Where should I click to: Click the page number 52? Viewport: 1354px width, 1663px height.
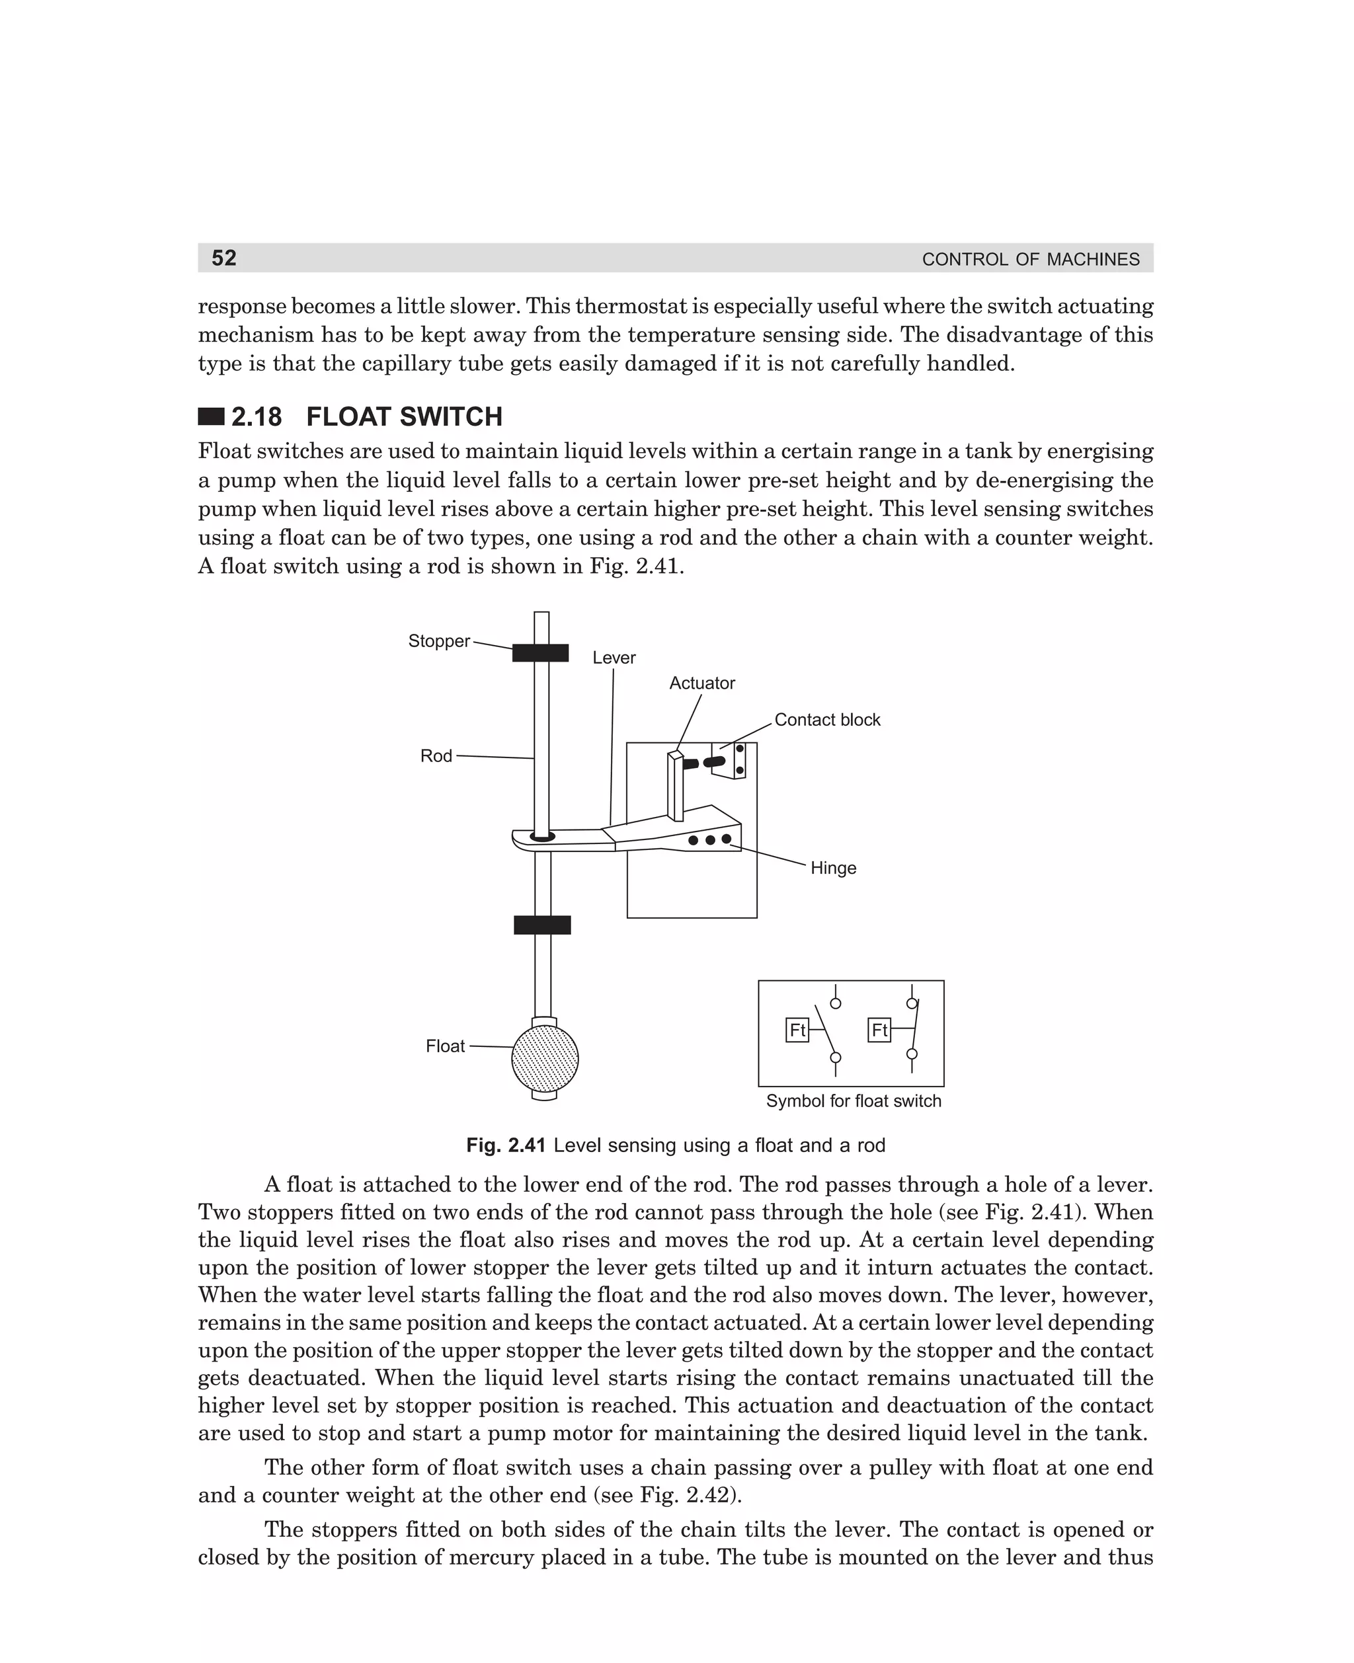224,258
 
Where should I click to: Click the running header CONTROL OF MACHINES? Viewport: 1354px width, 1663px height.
1030,260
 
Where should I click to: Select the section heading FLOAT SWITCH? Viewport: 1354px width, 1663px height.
404,417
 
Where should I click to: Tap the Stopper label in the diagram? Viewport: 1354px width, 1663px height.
439,641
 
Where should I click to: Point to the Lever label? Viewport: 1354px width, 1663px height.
614,657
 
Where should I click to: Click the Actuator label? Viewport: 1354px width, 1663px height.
702,683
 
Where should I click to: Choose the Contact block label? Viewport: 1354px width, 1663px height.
827,720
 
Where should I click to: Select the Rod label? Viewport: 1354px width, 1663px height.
436,755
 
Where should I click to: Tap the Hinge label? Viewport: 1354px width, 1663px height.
833,868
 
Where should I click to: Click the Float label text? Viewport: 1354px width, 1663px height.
446,1046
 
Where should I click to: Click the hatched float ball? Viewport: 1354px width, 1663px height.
545,1059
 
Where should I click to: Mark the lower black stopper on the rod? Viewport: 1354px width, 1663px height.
542,925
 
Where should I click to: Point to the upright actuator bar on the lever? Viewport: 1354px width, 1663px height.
676,786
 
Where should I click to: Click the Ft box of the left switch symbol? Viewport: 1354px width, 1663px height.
797,1030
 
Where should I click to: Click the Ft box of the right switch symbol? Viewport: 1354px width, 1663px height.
879,1030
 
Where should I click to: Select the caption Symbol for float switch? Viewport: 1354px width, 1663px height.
854,1101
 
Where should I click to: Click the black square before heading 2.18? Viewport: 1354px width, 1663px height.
212,417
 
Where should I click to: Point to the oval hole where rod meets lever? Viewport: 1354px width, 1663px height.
542,837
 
